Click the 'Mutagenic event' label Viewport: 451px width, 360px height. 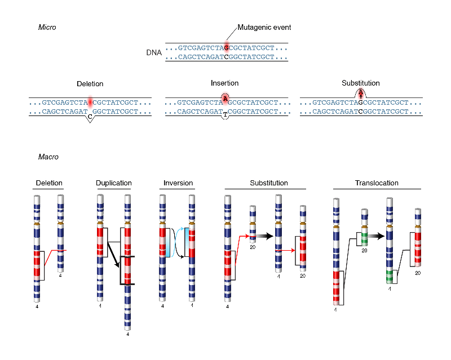pos(264,27)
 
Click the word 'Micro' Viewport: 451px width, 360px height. pos(47,27)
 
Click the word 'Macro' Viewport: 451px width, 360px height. pos(48,157)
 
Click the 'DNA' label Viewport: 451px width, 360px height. pos(154,52)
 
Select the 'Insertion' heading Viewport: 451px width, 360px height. pos(224,83)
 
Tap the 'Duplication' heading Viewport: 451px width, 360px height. pos(114,183)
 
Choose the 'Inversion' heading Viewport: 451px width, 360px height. pos(178,183)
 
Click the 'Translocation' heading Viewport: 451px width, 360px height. pos(377,183)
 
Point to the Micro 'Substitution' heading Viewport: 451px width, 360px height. pos(361,83)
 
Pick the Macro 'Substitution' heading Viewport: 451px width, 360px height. pos(269,183)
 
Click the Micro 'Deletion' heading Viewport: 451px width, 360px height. pos(90,84)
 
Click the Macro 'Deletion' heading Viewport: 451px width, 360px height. pos(49,183)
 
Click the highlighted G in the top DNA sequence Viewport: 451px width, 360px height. pos(227,48)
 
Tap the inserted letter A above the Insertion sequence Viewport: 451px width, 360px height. pos(225,99)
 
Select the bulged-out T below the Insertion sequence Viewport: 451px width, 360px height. pos(225,115)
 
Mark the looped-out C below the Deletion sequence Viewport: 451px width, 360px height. pos(90,117)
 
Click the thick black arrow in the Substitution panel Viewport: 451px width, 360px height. pos(264,236)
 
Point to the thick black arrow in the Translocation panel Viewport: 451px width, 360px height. pos(376,236)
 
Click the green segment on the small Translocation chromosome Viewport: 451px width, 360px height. pos(364,238)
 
